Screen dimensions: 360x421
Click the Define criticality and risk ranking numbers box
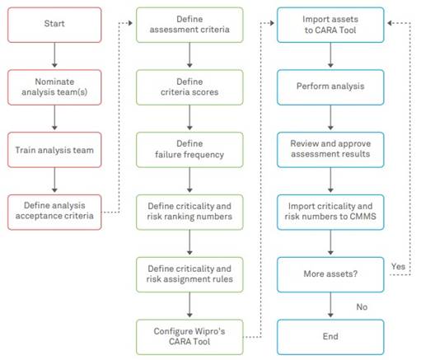[x=191, y=212]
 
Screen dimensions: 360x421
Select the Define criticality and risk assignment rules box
[x=191, y=274]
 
